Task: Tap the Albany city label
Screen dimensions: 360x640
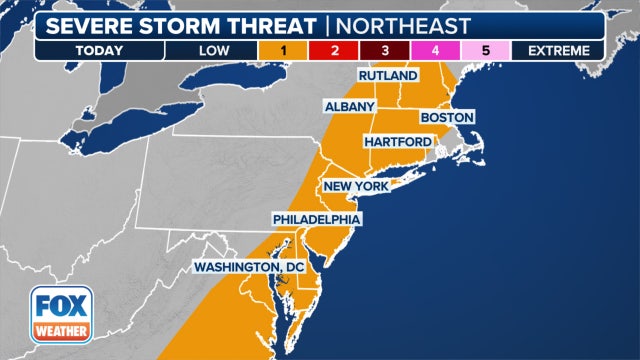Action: (349, 106)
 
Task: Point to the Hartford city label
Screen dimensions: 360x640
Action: (397, 141)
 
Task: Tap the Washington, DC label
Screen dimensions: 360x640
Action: (254, 266)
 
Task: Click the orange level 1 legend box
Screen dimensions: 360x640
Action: (285, 50)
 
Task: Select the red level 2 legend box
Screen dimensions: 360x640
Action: (335, 50)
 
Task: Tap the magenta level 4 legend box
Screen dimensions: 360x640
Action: (435, 50)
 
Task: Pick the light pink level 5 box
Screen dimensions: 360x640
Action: (485, 50)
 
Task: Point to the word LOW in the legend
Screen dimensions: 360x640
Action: (211, 50)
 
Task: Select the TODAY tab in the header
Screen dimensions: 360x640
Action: (99, 50)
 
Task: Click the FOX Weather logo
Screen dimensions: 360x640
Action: (59, 314)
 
